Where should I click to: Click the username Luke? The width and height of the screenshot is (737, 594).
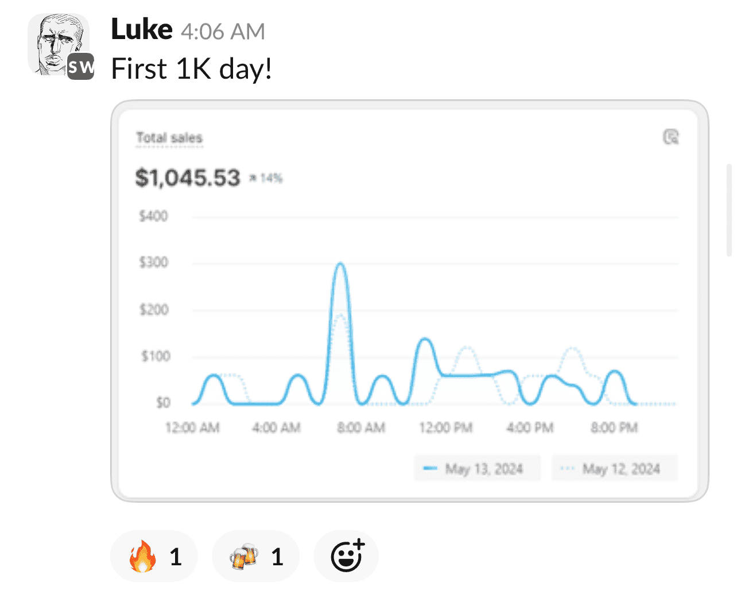(141, 30)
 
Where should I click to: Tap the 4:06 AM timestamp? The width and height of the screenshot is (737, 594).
(223, 32)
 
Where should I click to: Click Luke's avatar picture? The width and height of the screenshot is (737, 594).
(59, 45)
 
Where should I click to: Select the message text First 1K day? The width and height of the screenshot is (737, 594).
(191, 69)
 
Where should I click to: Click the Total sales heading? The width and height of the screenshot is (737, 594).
(169, 138)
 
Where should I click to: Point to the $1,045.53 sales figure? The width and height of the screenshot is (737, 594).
(188, 178)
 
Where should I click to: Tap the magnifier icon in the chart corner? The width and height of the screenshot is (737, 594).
(670, 137)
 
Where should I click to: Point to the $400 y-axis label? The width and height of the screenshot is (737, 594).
(153, 216)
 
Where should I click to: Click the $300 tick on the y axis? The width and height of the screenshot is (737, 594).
(153, 263)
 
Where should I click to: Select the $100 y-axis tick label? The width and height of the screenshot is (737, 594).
(155, 356)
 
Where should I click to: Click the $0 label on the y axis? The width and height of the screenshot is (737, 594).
(163, 403)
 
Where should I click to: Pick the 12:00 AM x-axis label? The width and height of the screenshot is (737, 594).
(192, 427)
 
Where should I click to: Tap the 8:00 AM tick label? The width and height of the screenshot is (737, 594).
(360, 427)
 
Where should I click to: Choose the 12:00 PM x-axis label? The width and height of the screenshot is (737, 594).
(445, 427)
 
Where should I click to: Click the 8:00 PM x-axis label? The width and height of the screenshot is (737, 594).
(614, 427)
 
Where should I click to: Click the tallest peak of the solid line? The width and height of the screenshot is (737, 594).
(340, 265)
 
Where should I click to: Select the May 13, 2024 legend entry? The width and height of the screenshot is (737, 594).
(477, 469)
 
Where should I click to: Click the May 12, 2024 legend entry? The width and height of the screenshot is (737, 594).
(615, 469)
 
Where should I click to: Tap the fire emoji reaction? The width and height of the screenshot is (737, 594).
(154, 556)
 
